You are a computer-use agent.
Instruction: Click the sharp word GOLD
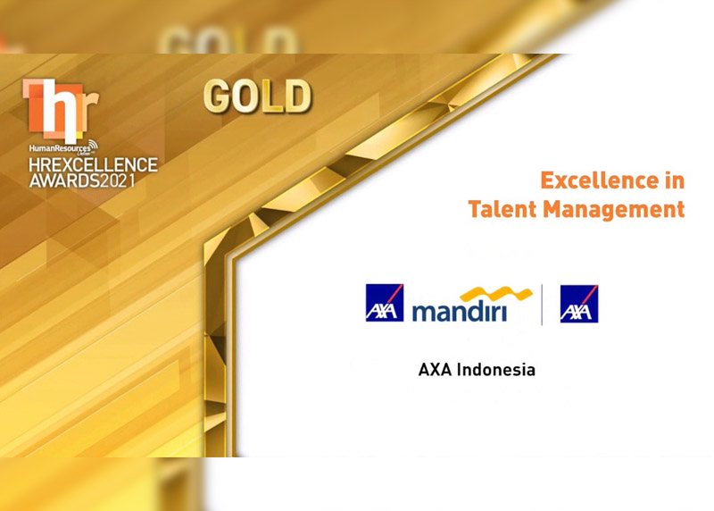point(257,96)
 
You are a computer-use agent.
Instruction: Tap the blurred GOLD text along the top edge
point(228,41)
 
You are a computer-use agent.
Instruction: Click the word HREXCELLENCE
point(91,165)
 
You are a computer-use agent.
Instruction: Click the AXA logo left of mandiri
point(385,303)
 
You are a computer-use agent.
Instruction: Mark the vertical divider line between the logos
point(542,304)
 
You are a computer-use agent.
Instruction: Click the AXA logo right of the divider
point(579,304)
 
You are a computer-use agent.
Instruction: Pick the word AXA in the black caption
point(436,369)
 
